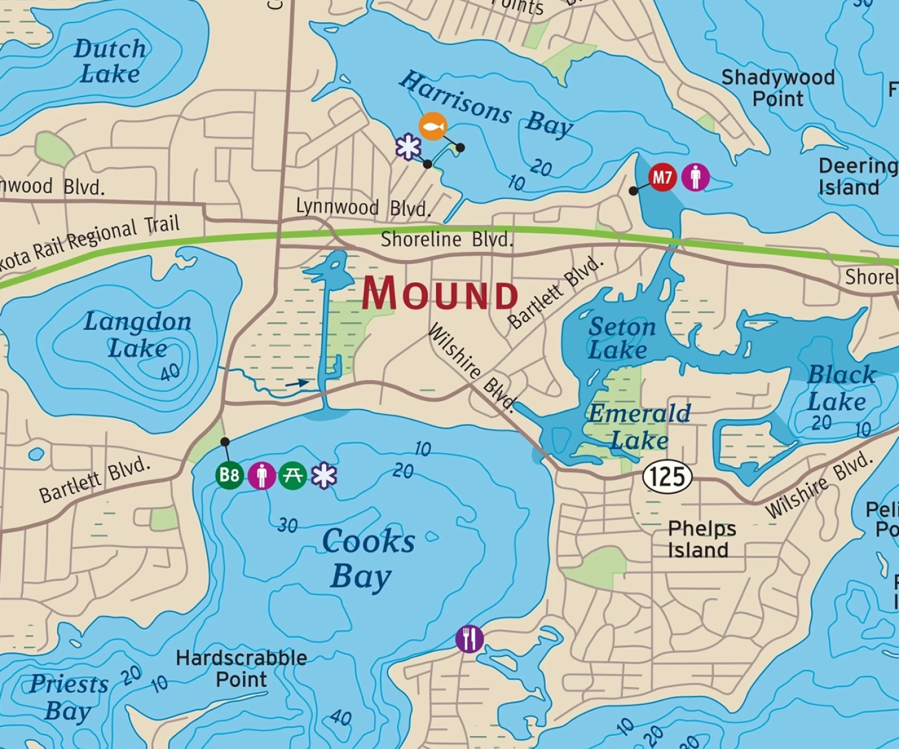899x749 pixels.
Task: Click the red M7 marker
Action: point(662,177)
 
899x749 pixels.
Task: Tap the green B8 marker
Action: point(230,475)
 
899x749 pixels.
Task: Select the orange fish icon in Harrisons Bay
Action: point(433,126)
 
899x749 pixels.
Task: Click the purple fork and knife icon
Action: point(469,639)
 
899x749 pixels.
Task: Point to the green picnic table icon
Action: point(292,475)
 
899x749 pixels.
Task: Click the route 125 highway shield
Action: point(667,477)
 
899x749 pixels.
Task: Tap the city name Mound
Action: point(440,294)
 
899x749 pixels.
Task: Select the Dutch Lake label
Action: point(110,62)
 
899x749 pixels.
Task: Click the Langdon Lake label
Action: point(137,335)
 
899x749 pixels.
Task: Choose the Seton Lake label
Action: point(621,339)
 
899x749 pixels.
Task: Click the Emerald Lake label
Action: point(639,427)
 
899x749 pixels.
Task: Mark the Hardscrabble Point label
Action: point(241,669)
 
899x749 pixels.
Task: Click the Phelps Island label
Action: point(701,539)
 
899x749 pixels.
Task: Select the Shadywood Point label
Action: point(778,87)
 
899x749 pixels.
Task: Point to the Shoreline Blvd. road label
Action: point(447,240)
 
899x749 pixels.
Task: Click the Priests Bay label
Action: point(68,697)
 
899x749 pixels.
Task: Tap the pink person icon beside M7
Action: point(695,177)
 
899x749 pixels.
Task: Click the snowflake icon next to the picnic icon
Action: point(324,475)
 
